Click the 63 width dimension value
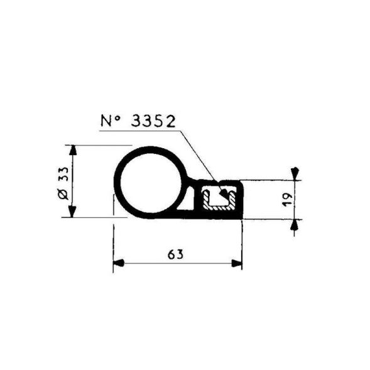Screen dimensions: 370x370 (176, 254)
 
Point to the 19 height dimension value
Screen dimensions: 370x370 (286, 200)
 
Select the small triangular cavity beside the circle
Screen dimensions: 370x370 (189, 200)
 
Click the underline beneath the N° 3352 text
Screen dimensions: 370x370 (138, 131)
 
